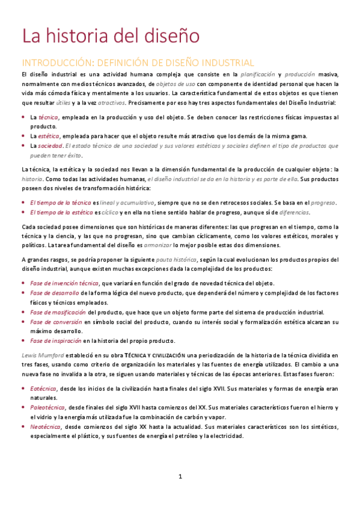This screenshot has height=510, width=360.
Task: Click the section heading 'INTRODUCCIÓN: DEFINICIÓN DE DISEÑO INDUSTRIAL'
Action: [x=138, y=63]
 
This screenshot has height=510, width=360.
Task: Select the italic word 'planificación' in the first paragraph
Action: [x=258, y=74]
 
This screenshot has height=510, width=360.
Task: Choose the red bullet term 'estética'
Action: [x=49, y=136]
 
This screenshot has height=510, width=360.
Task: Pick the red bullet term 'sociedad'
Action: [x=50, y=146]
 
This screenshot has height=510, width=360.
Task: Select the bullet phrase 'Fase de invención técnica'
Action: [x=64, y=283]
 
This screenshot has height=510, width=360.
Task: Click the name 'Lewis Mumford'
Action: [x=40, y=355]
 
